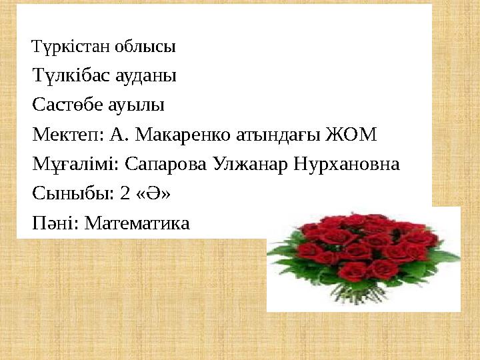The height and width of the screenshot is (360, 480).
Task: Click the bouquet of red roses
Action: [363, 257]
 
